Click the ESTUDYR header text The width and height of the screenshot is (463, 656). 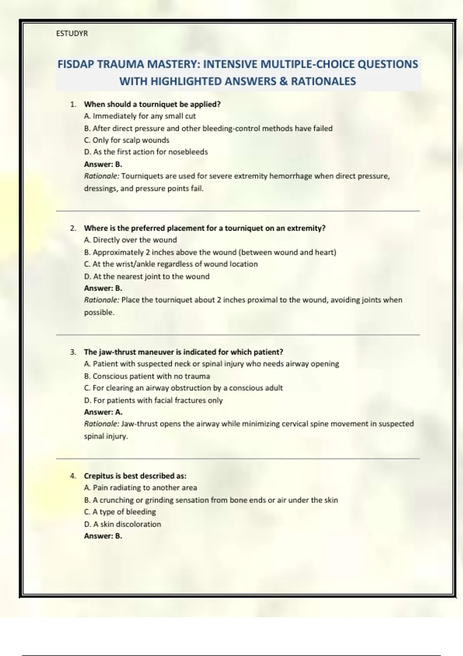pos(72,34)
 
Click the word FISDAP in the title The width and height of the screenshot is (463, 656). pos(76,64)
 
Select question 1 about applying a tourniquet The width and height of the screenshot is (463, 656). pos(152,104)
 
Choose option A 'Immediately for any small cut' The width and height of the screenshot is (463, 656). pos(140,116)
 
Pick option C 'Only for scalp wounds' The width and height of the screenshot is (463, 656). pos(127,140)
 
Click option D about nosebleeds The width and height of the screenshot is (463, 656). pos(146,152)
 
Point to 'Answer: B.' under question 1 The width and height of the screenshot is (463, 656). pos(103,164)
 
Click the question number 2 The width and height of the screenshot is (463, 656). pos(73,228)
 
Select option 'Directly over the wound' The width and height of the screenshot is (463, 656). pos(130,240)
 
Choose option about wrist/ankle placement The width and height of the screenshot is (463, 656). pos(171,264)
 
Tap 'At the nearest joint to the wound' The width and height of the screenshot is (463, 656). pos(147,277)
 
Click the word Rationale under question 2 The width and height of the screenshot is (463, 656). pos(101,300)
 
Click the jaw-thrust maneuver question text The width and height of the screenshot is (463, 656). pos(183,352)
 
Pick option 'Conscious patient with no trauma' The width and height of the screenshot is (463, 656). pos(147,376)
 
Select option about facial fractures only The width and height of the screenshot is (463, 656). pos(153,401)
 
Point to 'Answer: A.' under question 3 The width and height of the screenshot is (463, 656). pos(103,412)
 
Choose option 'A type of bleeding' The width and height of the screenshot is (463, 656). pos(120,512)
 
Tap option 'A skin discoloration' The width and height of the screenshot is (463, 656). pos(122,524)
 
